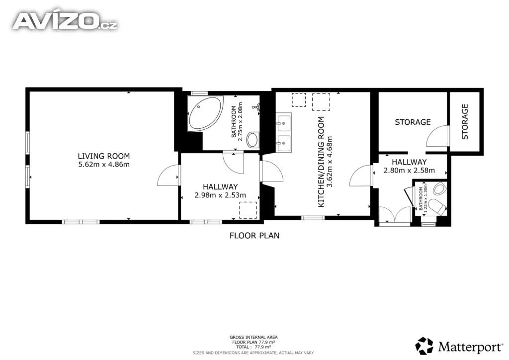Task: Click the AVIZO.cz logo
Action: click(x=65, y=21)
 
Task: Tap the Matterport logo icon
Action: click(x=424, y=346)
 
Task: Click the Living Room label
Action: click(x=104, y=156)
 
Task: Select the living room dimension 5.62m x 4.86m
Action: click(x=104, y=165)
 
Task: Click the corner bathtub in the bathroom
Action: click(x=205, y=113)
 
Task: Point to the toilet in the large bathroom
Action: click(x=253, y=140)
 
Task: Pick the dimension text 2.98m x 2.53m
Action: click(x=220, y=195)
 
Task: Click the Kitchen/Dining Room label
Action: click(x=321, y=162)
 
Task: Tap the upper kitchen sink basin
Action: click(x=283, y=122)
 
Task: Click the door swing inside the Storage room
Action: click(x=437, y=136)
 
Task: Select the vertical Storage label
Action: click(x=465, y=122)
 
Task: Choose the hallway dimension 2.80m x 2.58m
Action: click(x=409, y=171)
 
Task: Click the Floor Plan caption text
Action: click(x=254, y=236)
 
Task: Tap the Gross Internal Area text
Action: click(x=254, y=337)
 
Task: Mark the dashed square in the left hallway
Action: click(x=248, y=210)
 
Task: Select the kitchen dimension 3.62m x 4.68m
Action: click(x=330, y=162)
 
